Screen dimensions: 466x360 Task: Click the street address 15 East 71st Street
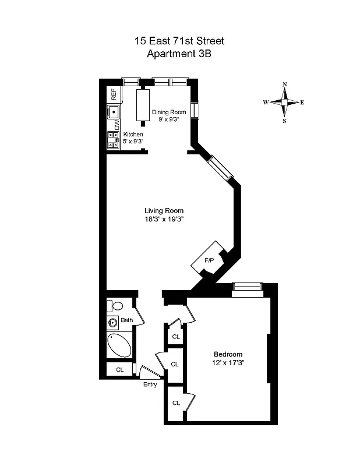coord(179,41)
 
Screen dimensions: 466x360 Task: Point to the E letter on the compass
coord(302,103)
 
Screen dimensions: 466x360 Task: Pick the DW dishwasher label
coord(117,125)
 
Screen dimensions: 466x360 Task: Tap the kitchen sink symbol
coord(112,112)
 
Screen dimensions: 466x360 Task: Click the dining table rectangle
coord(143,105)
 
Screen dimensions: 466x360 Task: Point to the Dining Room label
coord(168,112)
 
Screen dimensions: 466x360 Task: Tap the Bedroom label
coord(228,354)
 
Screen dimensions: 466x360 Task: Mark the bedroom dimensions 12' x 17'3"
coord(228,362)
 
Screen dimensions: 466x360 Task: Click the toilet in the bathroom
coord(117,306)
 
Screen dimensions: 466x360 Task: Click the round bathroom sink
coord(112,322)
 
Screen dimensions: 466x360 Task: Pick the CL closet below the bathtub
coord(119,369)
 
